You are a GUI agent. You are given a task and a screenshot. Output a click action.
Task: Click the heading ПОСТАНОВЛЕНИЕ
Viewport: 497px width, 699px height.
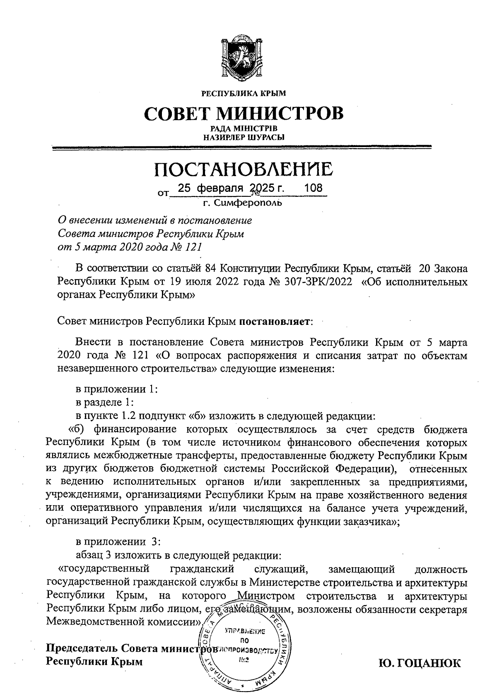[244, 169]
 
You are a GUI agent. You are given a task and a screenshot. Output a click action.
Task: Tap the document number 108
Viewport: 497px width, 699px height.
[313, 188]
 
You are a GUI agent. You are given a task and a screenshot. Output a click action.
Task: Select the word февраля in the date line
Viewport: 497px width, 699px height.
[219, 189]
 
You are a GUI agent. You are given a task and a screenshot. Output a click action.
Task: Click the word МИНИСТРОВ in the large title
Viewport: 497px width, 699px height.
[280, 113]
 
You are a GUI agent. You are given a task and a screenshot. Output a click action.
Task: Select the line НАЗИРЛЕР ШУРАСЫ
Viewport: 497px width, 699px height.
[244, 137]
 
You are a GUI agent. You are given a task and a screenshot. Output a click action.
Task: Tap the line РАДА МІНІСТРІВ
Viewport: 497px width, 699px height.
[244, 128]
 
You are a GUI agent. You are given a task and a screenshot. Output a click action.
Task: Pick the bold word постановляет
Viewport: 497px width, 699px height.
[274, 321]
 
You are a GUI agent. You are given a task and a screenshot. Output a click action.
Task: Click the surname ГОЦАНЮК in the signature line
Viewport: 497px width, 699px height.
[419, 663]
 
